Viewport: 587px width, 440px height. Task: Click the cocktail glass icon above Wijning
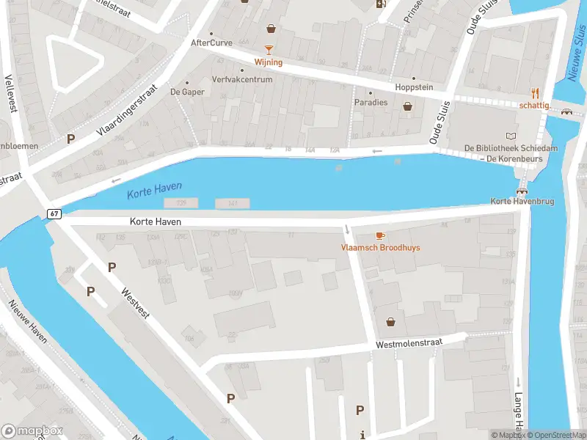[x=269, y=50]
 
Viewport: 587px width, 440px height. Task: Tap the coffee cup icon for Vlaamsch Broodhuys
[x=379, y=235]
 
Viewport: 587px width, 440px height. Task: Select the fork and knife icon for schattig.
[x=535, y=93]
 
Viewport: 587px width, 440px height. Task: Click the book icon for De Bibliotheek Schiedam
[x=511, y=136]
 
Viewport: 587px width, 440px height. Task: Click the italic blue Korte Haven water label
[x=154, y=191]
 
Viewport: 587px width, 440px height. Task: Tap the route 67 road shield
[x=54, y=213]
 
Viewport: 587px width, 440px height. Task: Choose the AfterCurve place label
[x=211, y=43]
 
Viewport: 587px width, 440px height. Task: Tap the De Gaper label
[x=187, y=92]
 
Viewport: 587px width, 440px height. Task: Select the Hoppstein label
[x=415, y=87]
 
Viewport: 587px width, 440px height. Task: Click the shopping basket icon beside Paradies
[x=407, y=106]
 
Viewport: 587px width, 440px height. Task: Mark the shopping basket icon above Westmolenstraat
[x=390, y=321]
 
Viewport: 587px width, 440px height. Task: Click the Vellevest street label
[x=11, y=92]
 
